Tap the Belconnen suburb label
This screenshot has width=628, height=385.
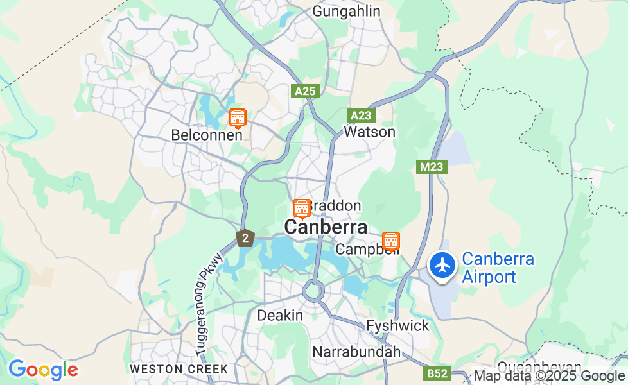207,135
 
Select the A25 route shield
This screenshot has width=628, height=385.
305,91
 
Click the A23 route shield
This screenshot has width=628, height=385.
361,116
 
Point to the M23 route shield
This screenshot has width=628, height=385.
432,167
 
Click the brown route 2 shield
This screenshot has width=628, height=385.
245,238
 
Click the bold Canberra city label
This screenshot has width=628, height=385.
326,227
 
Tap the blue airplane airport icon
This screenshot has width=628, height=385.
442,265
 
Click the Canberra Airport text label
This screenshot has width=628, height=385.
498,268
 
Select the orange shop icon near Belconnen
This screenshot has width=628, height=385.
238,118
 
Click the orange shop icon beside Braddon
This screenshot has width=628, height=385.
301,209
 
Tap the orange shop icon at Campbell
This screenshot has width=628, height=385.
390,241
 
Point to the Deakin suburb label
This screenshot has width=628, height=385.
280,316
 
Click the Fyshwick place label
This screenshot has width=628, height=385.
397,326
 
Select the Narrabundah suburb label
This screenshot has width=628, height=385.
356,352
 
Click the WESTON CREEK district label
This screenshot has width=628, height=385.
179,369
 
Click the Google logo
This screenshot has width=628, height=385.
43,370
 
